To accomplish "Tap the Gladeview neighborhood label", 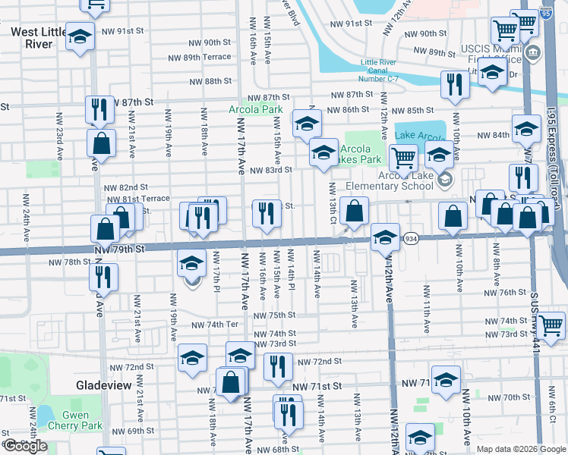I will (x=106, y=385).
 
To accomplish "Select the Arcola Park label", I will (x=255, y=109).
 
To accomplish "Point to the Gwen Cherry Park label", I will (x=82, y=420).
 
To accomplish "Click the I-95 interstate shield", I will (x=545, y=14).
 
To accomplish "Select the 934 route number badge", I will (x=410, y=238).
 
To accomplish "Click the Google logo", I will (x=25, y=445).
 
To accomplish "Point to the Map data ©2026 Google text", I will (x=520, y=449).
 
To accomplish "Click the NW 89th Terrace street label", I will (x=199, y=57).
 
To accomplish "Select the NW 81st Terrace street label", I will (x=136, y=198).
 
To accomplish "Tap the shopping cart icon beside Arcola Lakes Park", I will (x=402, y=158).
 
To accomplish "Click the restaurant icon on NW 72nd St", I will (x=278, y=366).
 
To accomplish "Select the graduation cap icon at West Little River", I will (x=79, y=36).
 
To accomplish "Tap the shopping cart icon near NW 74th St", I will (x=551, y=325).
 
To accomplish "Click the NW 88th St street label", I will (x=207, y=81).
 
